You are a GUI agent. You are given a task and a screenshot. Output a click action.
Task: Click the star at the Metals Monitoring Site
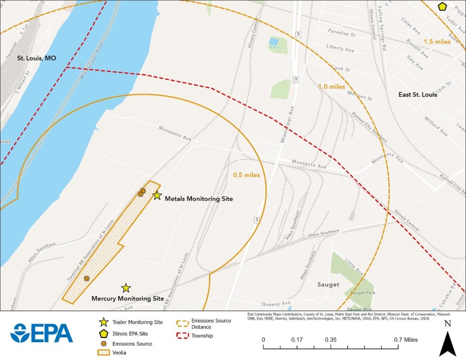pyautogui.click(x=157, y=196)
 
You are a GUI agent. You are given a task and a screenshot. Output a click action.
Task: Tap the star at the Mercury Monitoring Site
pyautogui.click(x=126, y=288)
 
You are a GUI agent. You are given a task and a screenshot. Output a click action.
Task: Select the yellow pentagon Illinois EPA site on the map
pyautogui.click(x=442, y=7)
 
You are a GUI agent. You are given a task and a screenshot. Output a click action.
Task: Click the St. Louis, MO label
pyautogui.click(x=36, y=58)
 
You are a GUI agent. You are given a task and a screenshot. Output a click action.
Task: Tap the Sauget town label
pyautogui.click(x=328, y=284)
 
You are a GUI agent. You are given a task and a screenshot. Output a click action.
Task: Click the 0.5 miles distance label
pyautogui.click(x=246, y=175)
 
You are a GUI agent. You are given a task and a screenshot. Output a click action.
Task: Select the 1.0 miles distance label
pyautogui.click(x=332, y=87)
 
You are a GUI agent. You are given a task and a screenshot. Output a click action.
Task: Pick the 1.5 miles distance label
pyautogui.click(x=437, y=42)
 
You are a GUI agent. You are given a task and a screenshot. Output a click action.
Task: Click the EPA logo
pyautogui.click(x=42, y=333)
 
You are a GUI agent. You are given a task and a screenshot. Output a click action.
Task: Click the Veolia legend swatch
pyautogui.click(x=103, y=353)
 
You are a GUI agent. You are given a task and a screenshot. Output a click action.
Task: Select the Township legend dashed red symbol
pyautogui.click(x=183, y=335)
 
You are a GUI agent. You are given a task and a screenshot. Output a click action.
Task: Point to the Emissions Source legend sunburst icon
pyautogui.click(x=103, y=344)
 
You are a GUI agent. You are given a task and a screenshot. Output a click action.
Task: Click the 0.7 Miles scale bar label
pyautogui.click(x=404, y=340)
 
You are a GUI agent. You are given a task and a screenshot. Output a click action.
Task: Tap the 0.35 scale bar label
pyautogui.click(x=332, y=340)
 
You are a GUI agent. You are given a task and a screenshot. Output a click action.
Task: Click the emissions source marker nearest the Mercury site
pyautogui.click(x=86, y=278)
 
